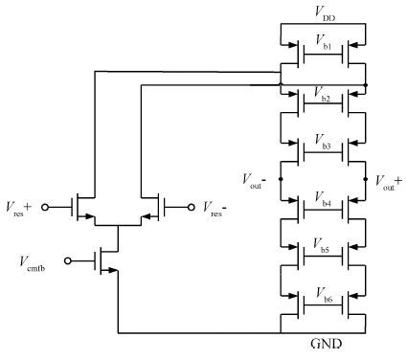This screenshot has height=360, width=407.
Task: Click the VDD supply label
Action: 325,13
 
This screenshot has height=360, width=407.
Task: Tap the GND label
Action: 326,344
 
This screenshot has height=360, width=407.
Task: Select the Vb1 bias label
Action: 323,42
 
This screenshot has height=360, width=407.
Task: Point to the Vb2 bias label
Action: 323,94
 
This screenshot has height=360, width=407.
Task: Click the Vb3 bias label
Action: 323,142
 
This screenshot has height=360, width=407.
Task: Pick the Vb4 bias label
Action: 323,198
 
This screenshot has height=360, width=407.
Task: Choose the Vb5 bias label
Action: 322,245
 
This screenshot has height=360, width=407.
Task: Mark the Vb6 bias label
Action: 324,295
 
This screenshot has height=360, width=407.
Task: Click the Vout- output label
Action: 255,181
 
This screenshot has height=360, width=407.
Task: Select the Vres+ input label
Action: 18,209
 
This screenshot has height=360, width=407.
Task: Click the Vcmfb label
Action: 33,264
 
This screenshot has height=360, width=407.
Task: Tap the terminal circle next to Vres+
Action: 45,208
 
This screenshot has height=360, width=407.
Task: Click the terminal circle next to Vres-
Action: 192,208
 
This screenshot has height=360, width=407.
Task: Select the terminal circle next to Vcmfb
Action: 68,260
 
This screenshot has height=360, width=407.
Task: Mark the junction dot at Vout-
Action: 281,179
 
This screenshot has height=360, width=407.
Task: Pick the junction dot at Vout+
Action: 366,179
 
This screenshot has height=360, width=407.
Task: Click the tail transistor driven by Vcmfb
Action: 106,261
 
